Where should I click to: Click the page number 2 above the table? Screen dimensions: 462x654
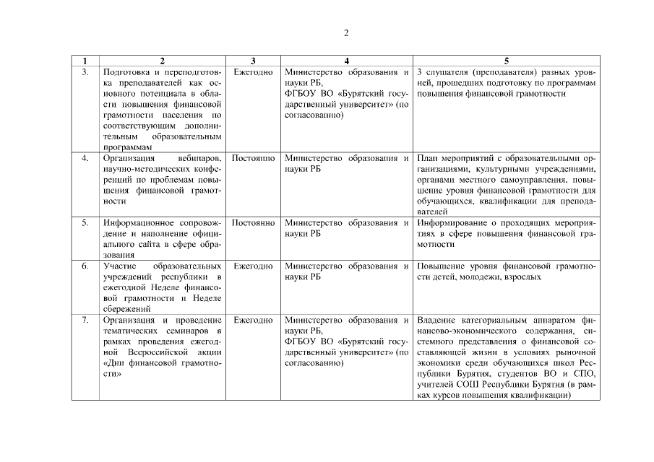346,32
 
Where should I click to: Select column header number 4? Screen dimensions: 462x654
346,61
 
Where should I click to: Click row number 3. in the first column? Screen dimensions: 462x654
85,72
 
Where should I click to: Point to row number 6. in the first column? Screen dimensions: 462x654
85,266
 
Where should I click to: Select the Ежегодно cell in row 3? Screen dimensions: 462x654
253,72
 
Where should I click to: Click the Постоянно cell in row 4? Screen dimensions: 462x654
253,157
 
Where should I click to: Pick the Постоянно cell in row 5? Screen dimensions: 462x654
253,223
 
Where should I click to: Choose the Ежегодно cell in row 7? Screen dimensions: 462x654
253,320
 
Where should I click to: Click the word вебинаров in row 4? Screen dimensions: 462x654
198,157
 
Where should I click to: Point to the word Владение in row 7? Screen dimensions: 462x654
435,320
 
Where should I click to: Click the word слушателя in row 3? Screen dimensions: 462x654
446,72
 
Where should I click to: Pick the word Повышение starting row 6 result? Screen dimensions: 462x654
440,266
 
